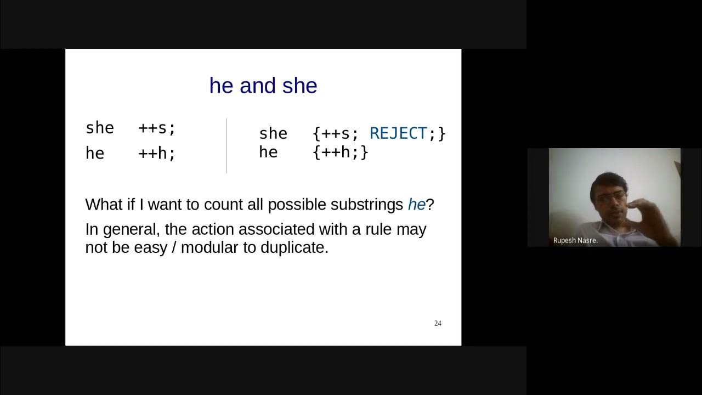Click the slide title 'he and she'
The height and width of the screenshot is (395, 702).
pyautogui.click(x=263, y=86)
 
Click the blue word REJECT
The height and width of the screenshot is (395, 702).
pyautogui.click(x=398, y=133)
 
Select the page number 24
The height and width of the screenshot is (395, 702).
pyautogui.click(x=438, y=323)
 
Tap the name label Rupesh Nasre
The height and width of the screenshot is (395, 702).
pyautogui.click(x=575, y=240)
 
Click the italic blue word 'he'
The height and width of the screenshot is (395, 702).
pyautogui.click(x=416, y=205)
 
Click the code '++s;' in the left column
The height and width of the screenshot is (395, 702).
pyautogui.click(x=157, y=128)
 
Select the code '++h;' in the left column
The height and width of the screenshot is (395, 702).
pyautogui.click(x=157, y=153)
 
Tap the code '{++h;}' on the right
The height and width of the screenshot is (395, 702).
pyautogui.click(x=340, y=152)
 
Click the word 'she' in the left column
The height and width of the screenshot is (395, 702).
pyautogui.click(x=100, y=128)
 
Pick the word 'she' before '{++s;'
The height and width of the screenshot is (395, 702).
pyautogui.click(x=273, y=133)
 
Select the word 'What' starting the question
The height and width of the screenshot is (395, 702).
pyautogui.click(x=104, y=205)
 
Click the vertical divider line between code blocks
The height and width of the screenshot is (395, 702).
pyautogui.click(x=227, y=145)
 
